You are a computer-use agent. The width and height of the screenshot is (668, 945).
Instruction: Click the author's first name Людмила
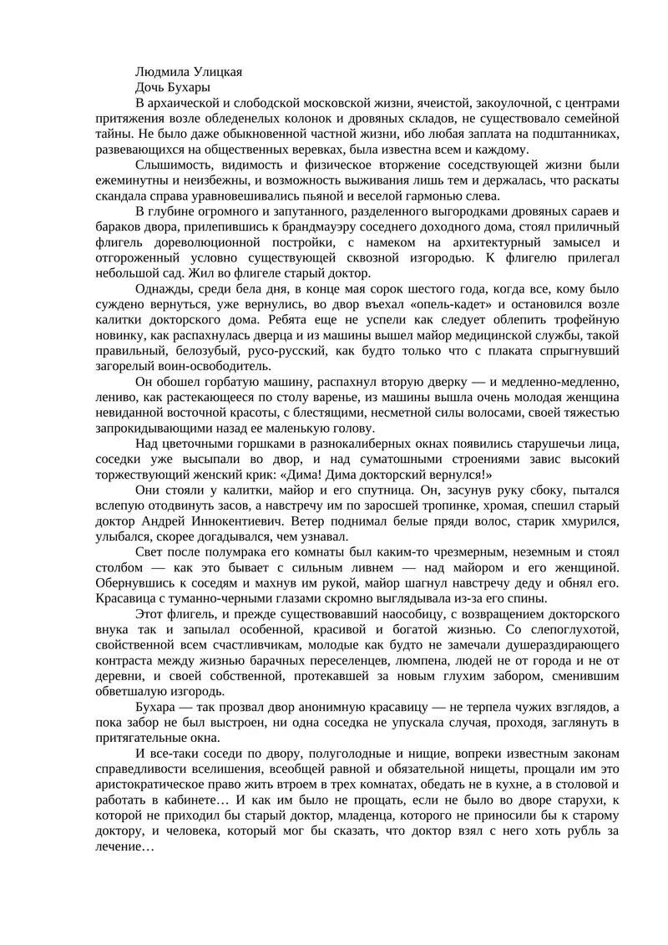(x=162, y=72)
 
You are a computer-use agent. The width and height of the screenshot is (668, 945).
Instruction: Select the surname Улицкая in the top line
(x=216, y=72)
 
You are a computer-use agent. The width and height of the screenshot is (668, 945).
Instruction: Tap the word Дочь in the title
(x=149, y=87)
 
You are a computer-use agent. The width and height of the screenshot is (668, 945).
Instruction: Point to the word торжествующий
(x=149, y=474)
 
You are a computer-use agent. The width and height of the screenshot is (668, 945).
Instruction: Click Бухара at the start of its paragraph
(x=155, y=707)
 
